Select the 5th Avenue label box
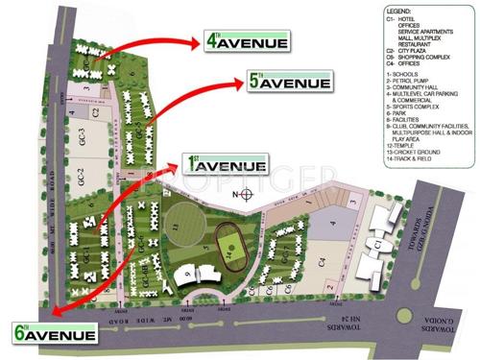click(x=278, y=83)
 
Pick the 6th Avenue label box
click(x=55, y=334)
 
